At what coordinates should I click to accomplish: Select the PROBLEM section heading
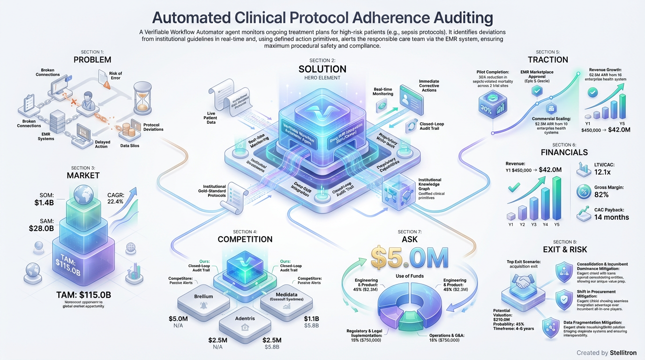92,60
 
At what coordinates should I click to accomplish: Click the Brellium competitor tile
204,298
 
